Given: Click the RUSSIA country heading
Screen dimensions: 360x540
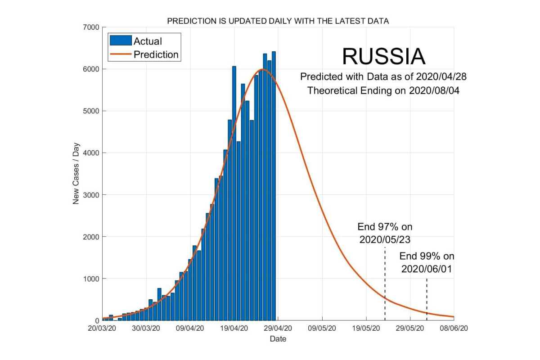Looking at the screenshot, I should [x=383, y=57].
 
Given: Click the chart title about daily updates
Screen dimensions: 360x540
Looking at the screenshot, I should [x=278, y=21].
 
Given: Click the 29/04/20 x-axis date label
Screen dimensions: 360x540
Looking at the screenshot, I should [x=278, y=328].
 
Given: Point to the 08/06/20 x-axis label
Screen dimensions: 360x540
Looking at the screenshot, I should [x=454, y=328].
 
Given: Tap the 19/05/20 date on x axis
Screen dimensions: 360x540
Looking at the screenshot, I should [x=365, y=328].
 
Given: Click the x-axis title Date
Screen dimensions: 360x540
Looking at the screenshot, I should [x=278, y=338].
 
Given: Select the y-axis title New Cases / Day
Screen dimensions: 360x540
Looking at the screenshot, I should [x=76, y=174].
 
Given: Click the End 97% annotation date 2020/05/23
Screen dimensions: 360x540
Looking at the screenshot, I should [x=385, y=240].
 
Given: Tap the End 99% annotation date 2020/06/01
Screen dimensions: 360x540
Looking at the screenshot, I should [x=427, y=269].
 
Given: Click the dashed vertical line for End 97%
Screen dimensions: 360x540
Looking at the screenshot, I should [x=385, y=283].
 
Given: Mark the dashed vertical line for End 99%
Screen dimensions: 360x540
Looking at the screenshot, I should [x=427, y=299].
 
